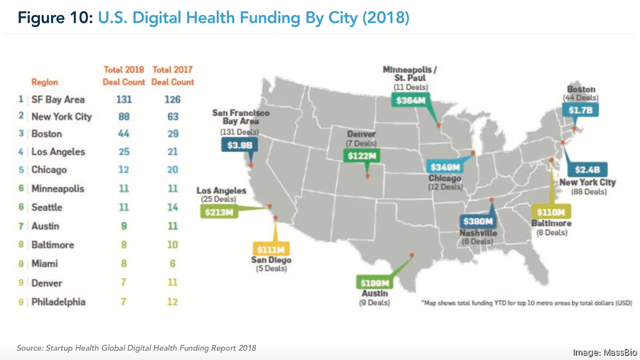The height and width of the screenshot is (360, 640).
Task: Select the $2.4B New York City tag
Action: click(x=587, y=169)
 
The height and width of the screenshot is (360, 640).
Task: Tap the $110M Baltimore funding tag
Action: click(x=551, y=212)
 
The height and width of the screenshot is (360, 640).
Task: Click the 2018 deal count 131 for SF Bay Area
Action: click(x=124, y=100)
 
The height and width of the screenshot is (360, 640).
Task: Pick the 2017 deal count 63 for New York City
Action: click(x=172, y=116)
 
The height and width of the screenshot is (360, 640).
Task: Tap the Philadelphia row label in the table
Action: click(x=58, y=302)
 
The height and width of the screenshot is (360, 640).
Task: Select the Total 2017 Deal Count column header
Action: click(x=173, y=75)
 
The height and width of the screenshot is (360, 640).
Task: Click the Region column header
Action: click(x=45, y=83)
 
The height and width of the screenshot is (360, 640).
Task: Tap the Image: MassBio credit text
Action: click(x=605, y=353)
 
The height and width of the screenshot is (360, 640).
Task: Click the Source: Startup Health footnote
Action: click(x=137, y=348)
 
